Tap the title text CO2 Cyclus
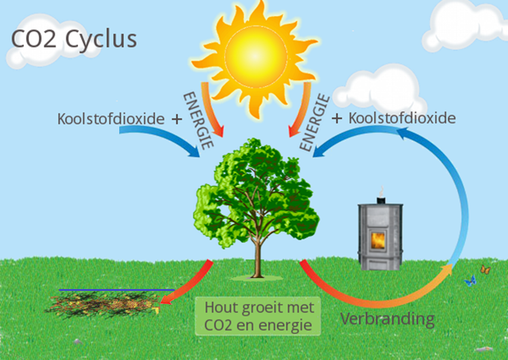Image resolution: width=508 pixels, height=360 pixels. [74, 39]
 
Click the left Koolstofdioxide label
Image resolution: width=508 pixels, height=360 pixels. [110, 118]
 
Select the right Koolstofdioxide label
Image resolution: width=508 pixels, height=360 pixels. [402, 117]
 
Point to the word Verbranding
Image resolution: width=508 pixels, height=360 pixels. [387, 318]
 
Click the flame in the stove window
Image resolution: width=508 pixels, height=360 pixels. [379, 240]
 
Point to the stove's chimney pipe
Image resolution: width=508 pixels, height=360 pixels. [380, 194]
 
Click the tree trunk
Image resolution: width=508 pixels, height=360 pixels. [258, 256]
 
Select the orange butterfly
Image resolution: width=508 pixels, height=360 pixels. [485, 270]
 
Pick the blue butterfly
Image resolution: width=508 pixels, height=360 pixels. [470, 280]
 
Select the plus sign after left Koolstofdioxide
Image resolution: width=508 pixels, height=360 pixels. [176, 119]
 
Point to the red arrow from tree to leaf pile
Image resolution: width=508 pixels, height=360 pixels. [191, 286]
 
